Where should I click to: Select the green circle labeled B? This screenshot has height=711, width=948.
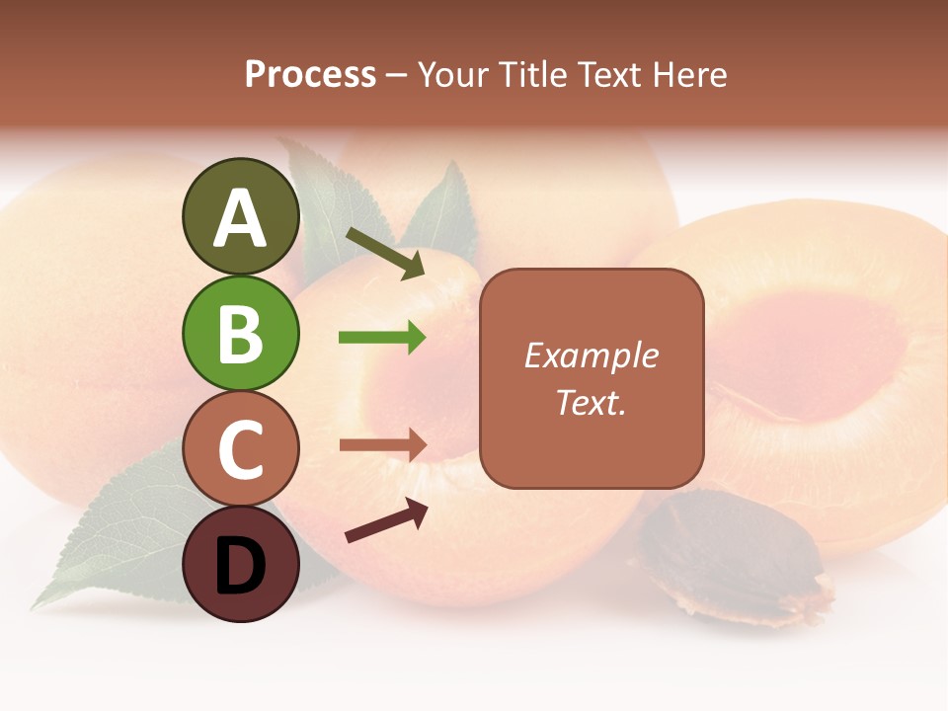point(240,333)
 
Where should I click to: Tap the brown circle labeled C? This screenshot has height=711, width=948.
point(240,448)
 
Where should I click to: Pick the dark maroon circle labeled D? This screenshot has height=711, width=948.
point(240,564)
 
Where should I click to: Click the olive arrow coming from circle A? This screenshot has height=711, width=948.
point(384,254)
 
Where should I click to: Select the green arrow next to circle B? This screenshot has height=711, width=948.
point(382,338)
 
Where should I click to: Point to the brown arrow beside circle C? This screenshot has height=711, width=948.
point(382,445)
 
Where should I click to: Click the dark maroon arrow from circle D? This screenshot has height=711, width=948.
point(386,520)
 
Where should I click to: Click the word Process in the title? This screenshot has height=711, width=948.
point(310,75)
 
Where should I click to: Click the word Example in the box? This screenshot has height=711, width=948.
point(591,355)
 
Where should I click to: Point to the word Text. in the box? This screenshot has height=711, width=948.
point(591,402)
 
